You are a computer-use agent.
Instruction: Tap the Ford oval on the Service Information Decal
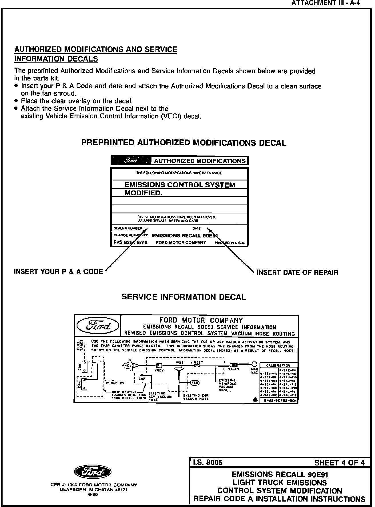coord(98,326)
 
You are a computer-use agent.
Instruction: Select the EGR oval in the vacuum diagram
coord(195,383)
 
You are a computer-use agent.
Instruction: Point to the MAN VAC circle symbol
coord(254,364)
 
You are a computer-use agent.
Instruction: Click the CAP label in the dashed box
coord(142,378)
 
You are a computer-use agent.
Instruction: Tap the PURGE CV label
coord(115,383)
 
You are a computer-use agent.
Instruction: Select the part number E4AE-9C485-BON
coord(279,401)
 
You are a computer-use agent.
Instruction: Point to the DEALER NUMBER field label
coord(128,228)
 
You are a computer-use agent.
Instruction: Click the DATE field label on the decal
coord(197,228)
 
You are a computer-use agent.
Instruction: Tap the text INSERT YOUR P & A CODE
coord(58,272)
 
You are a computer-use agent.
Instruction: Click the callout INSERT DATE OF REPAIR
coord(297,272)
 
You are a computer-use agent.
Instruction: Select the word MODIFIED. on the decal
coord(143,193)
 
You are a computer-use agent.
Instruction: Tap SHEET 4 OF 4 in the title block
coord(339,463)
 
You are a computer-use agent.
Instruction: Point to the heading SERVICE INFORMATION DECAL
coord(184,297)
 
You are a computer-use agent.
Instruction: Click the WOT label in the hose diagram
coord(180,362)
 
